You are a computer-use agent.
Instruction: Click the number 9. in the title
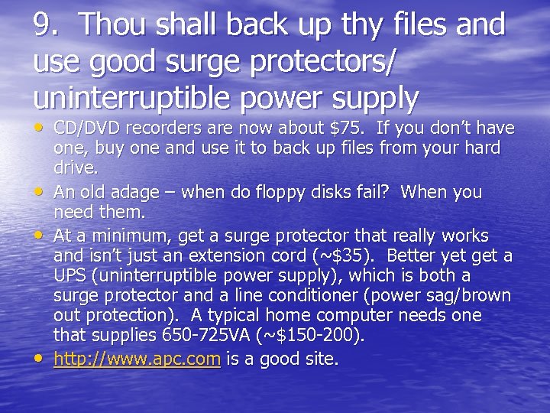click(47, 24)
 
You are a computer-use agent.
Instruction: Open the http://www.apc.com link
click(137, 358)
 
